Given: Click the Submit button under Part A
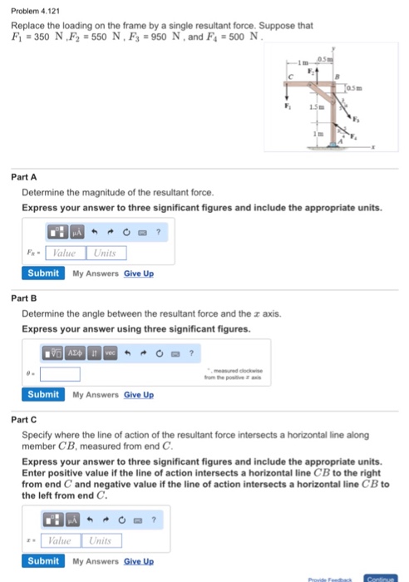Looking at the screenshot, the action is (x=43, y=273).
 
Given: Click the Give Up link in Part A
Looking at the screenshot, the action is (x=139, y=274).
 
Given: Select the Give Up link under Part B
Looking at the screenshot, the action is (x=139, y=394).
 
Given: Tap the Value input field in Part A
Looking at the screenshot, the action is (x=64, y=252).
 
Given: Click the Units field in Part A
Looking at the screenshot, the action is (x=105, y=252).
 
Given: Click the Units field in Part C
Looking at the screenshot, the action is (x=105, y=540).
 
